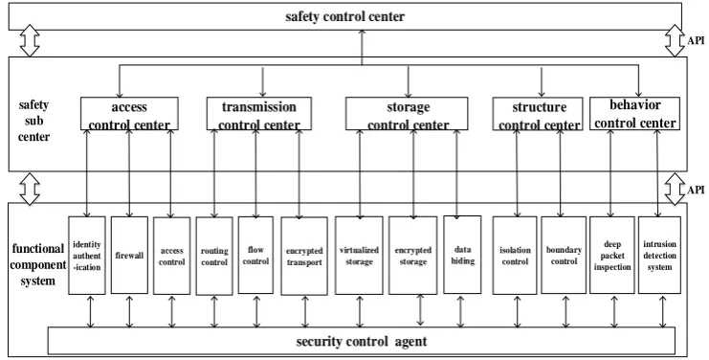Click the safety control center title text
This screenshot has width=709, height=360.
click(x=345, y=16)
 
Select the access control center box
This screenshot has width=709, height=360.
click(x=129, y=114)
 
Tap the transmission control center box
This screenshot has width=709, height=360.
click(x=259, y=114)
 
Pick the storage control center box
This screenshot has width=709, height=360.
click(x=407, y=114)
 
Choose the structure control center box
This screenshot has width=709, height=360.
click(x=538, y=114)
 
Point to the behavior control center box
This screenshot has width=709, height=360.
click(x=634, y=113)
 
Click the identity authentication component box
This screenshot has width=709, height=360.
click(x=87, y=256)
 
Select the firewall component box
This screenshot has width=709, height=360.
click(x=129, y=255)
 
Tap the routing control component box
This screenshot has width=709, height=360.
click(x=214, y=256)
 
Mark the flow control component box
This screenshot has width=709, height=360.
click(x=255, y=255)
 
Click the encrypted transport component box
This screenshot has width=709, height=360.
click(x=304, y=256)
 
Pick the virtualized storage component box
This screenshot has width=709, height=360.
click(x=359, y=256)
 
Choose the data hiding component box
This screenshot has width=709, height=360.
click(x=462, y=255)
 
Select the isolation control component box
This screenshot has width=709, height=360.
click(x=515, y=256)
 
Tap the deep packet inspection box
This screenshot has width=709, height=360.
click(x=612, y=255)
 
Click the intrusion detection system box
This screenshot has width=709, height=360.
click(x=659, y=255)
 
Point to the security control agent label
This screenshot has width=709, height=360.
click(x=362, y=341)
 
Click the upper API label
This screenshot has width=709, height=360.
click(x=696, y=40)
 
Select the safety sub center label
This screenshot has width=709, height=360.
click(x=33, y=121)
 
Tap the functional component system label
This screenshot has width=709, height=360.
click(x=38, y=264)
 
